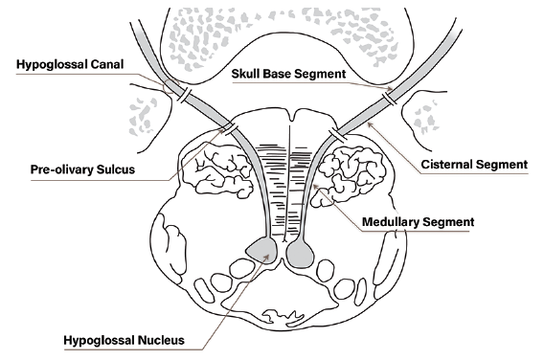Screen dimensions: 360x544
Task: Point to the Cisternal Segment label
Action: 475,165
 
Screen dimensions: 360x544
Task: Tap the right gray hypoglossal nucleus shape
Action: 299,252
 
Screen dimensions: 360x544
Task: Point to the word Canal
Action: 107,65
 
